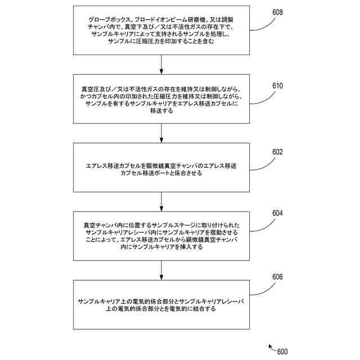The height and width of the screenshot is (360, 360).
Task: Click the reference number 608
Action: [277, 12]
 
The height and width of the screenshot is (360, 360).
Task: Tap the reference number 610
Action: [277, 86]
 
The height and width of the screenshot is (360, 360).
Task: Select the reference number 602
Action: [277, 152]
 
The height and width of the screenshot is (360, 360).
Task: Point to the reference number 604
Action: [277, 214]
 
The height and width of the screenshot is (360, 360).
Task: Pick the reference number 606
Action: [277, 277]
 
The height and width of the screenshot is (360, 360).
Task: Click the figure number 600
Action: [282, 352]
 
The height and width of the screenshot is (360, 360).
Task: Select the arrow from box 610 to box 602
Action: [161, 132]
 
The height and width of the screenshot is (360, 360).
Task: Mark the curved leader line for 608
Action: [260, 24]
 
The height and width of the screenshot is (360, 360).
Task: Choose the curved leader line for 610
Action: [260, 97]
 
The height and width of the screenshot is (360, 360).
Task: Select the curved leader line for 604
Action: [260, 224]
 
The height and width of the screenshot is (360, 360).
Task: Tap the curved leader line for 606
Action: [260, 289]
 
